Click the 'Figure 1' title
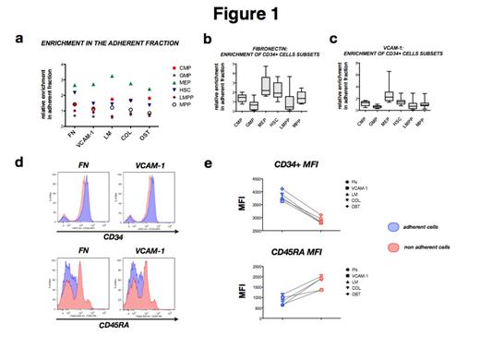click(240, 16)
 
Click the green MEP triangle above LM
click(111, 77)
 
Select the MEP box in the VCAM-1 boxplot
click(389, 96)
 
